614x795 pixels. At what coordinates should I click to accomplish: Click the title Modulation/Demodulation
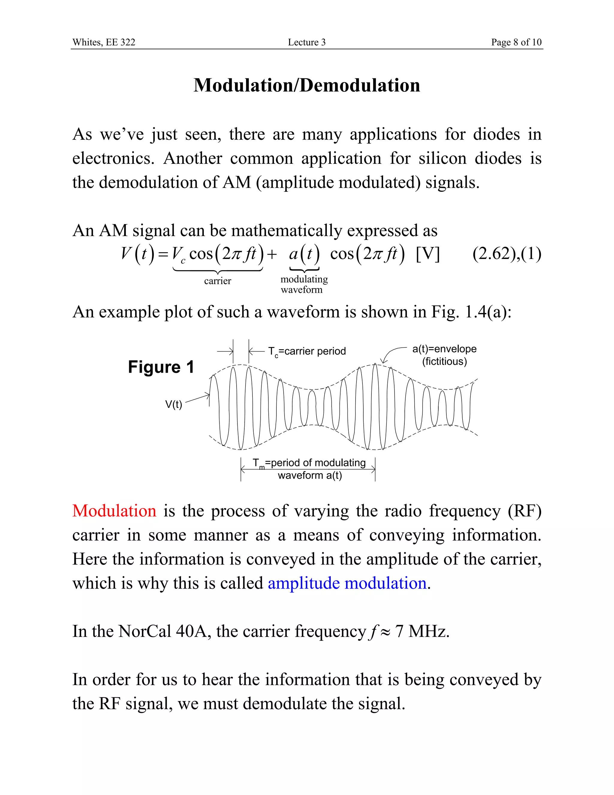pos(307,85)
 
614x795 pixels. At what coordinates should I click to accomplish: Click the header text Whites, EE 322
pos(104,42)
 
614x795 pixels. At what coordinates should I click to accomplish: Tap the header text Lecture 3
pos(307,42)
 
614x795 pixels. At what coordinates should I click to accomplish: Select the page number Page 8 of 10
pos(516,42)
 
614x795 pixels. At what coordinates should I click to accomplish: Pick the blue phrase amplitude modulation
pos(347,583)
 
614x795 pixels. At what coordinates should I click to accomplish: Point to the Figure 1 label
pos(161,367)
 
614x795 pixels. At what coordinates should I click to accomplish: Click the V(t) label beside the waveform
pos(174,404)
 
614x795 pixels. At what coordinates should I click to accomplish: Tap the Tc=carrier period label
pos(307,351)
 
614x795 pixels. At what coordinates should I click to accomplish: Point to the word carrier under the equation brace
pos(218,281)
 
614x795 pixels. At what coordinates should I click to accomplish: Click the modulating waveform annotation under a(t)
pos(304,284)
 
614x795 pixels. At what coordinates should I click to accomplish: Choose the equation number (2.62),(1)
pos(507,254)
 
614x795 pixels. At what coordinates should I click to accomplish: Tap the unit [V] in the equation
pos(428,254)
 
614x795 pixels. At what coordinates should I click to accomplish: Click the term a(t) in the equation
pos(304,254)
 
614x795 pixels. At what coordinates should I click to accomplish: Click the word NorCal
pos(145,631)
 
